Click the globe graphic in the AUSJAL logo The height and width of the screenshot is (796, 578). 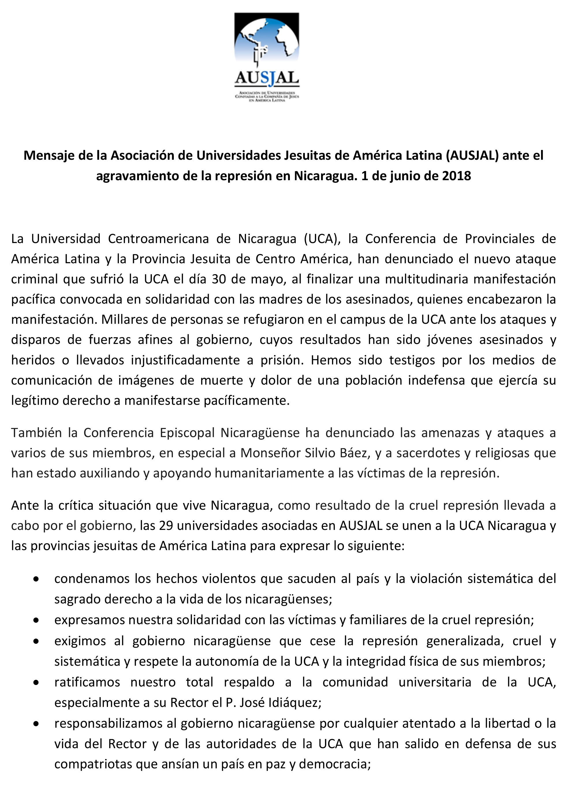[267, 39]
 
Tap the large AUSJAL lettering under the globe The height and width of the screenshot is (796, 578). [267, 78]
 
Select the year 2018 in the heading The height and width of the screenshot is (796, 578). [456, 176]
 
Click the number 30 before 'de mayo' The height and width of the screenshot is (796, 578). [219, 279]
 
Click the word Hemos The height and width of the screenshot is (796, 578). [331, 360]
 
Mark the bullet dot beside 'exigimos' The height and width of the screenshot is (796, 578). [36, 641]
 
